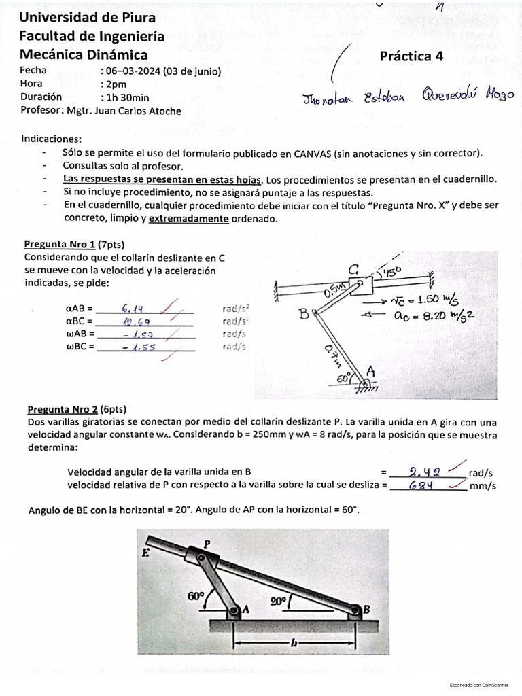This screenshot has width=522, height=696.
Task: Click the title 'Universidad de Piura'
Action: click(x=87, y=17)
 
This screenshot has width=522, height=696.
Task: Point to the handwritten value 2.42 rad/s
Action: click(x=425, y=471)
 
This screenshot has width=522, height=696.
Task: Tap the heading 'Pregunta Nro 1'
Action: click(x=60, y=245)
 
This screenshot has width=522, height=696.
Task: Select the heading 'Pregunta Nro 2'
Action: click(x=63, y=409)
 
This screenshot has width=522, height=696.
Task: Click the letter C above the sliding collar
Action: click(x=354, y=271)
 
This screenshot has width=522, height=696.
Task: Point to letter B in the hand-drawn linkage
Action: click(x=304, y=315)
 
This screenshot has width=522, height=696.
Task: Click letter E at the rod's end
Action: click(x=145, y=553)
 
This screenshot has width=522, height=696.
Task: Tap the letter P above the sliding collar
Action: click(x=208, y=542)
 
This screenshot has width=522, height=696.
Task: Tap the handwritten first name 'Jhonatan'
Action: click(x=329, y=100)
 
